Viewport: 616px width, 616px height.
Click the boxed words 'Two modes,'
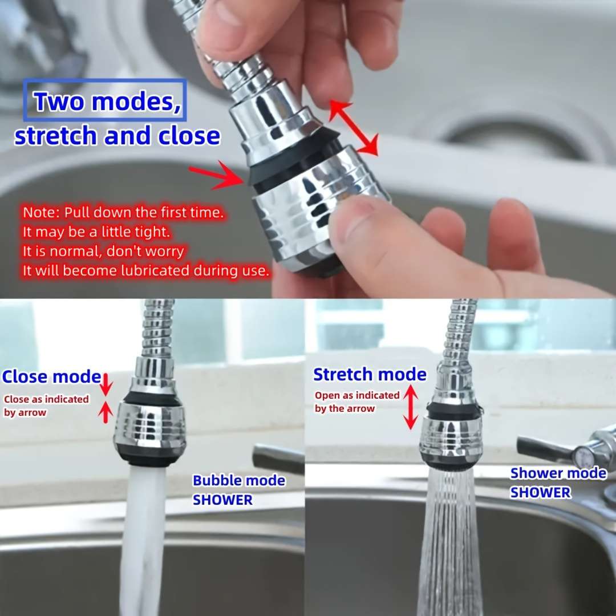coord(105,101)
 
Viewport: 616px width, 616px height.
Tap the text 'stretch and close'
coord(117,136)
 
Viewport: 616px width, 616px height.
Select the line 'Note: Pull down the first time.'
coord(123,213)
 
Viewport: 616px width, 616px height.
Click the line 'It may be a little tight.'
coord(96,232)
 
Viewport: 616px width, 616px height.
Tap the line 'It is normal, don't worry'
coord(103,251)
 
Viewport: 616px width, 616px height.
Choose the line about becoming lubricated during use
coord(145,270)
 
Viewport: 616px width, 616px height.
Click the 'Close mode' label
coord(51,377)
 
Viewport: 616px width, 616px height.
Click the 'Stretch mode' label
coord(370,375)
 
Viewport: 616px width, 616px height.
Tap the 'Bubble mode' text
coord(239,480)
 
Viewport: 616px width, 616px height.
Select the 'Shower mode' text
coord(558,473)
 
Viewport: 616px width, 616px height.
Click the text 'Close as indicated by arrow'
coord(46,406)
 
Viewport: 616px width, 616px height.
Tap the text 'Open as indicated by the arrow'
coord(357,402)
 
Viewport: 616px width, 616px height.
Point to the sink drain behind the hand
coord(508,134)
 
